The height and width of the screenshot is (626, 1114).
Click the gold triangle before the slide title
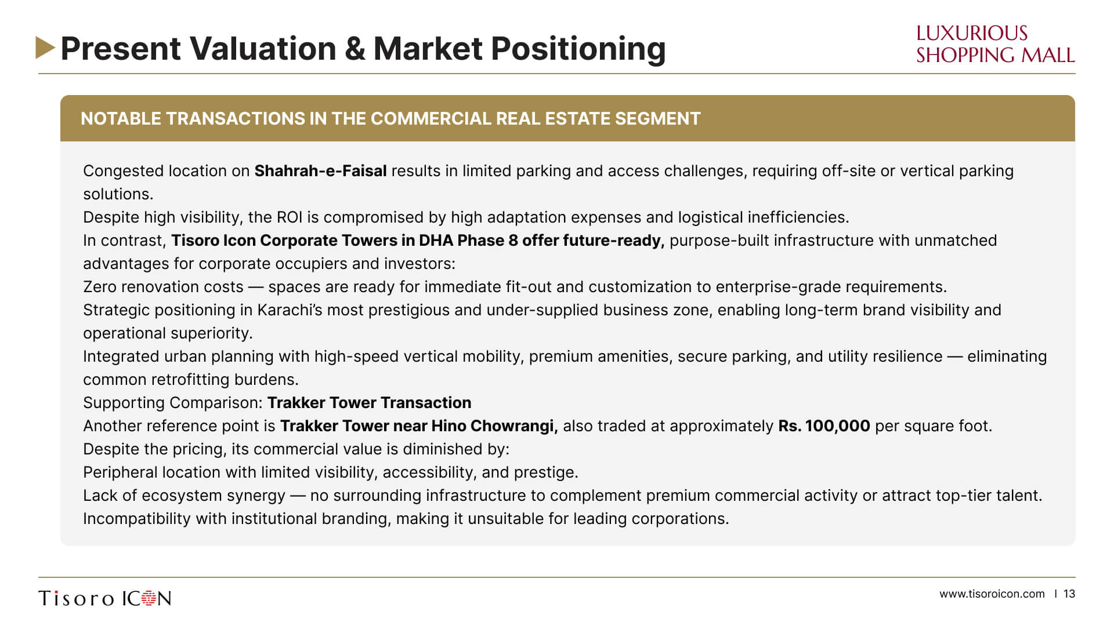(45, 48)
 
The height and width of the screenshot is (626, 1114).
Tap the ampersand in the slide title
(355, 48)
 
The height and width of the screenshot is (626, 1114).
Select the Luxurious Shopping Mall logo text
(995, 44)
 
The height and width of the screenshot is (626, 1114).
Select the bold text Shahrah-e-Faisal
(320, 171)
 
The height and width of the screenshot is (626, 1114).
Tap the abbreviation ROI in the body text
(290, 217)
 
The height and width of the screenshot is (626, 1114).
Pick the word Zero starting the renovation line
(102, 287)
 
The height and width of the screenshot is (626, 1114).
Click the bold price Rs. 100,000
(824, 426)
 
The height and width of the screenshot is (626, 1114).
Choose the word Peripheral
(120, 472)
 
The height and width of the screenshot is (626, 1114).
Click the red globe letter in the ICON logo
(149, 598)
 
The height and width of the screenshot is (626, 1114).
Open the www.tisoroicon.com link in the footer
(992, 594)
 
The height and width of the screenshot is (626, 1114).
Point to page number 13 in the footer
(1069, 594)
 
